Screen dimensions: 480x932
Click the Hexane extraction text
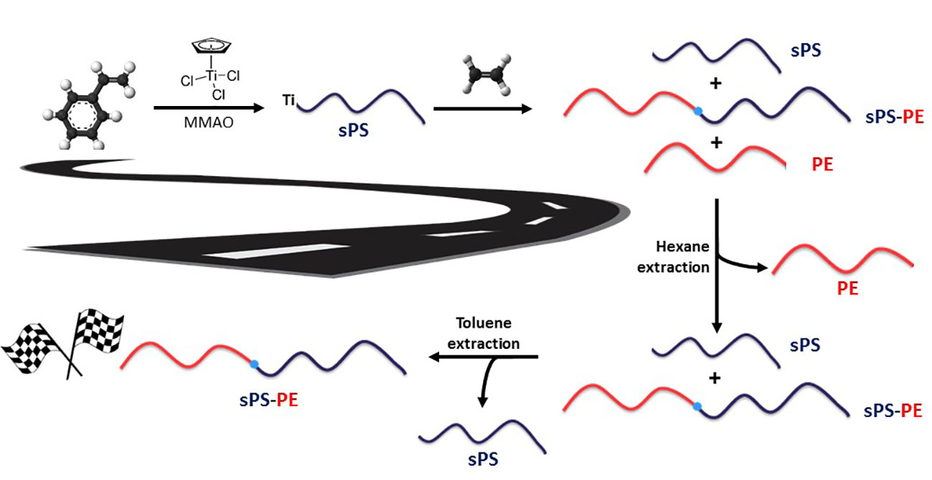[681, 257]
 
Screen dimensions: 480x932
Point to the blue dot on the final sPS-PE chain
[254, 365]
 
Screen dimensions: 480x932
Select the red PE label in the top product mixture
[822, 164]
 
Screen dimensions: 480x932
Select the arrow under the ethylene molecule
[482, 109]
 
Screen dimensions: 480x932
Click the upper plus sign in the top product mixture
[715, 85]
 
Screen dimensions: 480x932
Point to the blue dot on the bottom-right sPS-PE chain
[697, 407]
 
